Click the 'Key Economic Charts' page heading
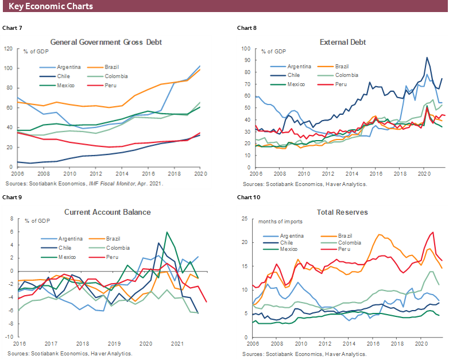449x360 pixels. coord(51,6)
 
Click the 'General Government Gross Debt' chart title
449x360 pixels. coord(106,42)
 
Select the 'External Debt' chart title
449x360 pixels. coord(343,42)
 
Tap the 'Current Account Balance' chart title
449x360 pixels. coord(107,212)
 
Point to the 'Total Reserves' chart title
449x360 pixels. coord(342,212)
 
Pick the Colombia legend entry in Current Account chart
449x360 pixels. coord(119,248)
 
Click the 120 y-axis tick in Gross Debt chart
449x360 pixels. coord(8,49)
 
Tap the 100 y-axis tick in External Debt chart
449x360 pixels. coord(245,49)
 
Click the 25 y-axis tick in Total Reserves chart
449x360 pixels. coord(245,219)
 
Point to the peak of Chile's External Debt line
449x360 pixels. coord(427,57)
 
